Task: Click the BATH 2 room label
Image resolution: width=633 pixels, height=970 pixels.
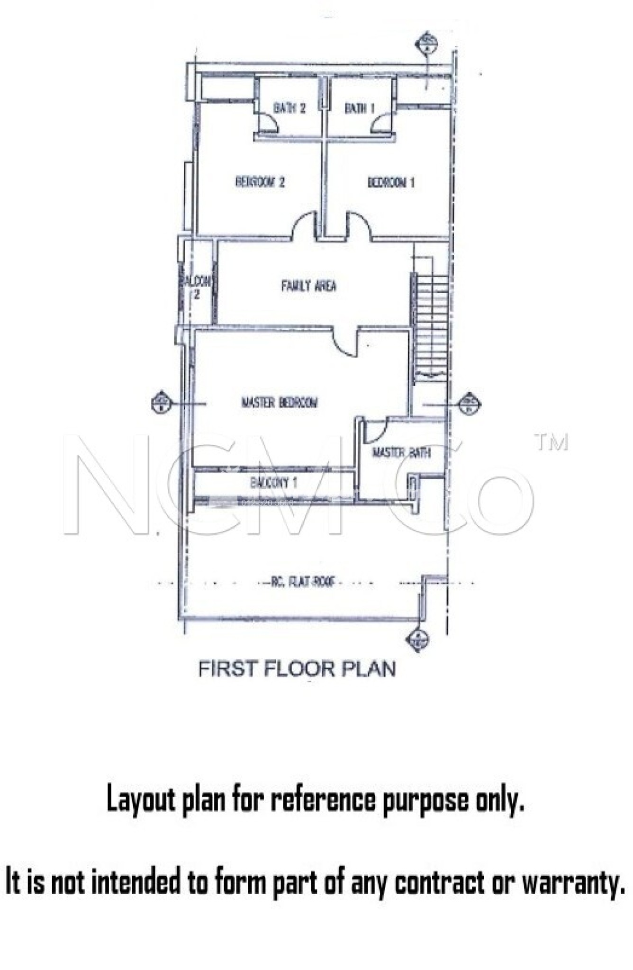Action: [x=289, y=108]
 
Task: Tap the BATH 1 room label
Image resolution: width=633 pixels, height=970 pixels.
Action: [x=359, y=108]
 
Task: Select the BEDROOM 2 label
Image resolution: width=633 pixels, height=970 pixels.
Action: [x=260, y=182]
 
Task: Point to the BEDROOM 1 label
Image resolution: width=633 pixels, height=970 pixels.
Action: [x=391, y=182]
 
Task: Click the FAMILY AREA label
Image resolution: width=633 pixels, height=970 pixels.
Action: [x=308, y=286]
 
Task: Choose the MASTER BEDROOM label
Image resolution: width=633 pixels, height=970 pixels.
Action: [x=280, y=403]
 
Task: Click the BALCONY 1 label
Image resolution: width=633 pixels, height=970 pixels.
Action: [x=274, y=483]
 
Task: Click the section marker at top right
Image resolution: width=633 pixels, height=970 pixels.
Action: [x=426, y=44]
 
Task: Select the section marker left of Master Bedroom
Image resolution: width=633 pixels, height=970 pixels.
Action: [x=161, y=403]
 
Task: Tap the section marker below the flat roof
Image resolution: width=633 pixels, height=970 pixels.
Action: [x=417, y=639]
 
